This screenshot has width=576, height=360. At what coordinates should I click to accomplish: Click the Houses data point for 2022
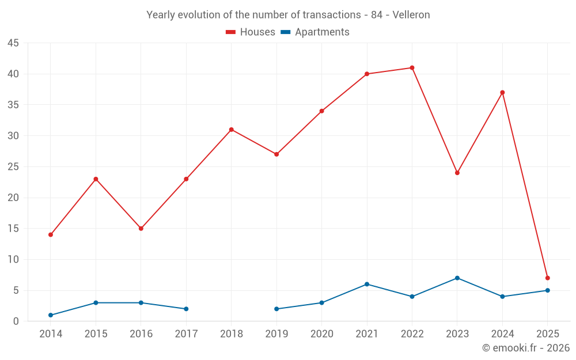pyautogui.click(x=412, y=68)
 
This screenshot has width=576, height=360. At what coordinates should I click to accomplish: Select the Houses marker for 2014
pyautogui.click(x=51, y=235)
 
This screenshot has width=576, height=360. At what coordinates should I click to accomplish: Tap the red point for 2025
pyautogui.click(x=547, y=278)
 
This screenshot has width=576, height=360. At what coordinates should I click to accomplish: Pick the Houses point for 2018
pyautogui.click(x=232, y=130)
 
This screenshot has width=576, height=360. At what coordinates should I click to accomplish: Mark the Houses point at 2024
pyautogui.click(x=502, y=93)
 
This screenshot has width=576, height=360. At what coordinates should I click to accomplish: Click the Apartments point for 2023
pyautogui.click(x=457, y=278)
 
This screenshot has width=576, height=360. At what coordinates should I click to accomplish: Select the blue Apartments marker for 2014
pyautogui.click(x=51, y=315)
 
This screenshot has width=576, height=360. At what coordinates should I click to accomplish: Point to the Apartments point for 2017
pyautogui.click(x=186, y=309)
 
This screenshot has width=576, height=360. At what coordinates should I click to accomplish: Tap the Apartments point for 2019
pyautogui.click(x=276, y=309)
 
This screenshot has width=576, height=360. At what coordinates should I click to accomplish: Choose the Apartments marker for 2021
pyautogui.click(x=367, y=285)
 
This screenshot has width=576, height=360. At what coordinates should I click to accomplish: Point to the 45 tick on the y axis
pyautogui.click(x=13, y=43)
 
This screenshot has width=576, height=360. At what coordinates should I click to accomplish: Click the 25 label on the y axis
pyautogui.click(x=13, y=167)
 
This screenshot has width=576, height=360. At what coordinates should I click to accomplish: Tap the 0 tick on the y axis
pyautogui.click(x=16, y=321)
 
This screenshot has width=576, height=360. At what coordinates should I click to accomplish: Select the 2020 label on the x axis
pyautogui.click(x=322, y=334)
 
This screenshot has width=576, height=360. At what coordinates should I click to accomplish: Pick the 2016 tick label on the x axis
pyautogui.click(x=141, y=334)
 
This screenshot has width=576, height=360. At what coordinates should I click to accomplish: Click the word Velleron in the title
pyautogui.click(x=411, y=15)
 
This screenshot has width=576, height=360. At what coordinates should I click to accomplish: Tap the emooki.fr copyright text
pyautogui.click(x=525, y=348)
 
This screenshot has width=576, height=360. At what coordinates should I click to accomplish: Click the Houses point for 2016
pyautogui.click(x=141, y=229)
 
